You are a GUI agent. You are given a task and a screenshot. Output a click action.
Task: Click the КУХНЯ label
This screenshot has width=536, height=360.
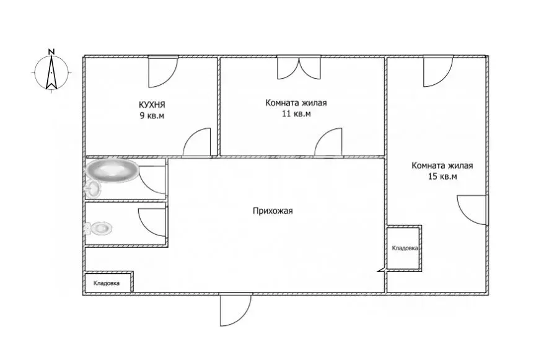tap(152, 104)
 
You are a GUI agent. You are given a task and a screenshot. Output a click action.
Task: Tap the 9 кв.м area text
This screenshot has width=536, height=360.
tap(152, 115)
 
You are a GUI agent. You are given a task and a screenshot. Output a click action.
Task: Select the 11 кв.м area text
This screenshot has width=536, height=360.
tap(296, 113)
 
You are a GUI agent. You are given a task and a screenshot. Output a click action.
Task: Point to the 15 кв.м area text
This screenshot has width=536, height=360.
tap(442, 177)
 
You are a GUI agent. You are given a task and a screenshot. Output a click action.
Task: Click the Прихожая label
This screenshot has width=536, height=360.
tap(273, 211)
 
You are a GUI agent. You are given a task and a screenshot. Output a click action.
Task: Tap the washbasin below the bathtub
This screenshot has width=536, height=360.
tap(93, 188)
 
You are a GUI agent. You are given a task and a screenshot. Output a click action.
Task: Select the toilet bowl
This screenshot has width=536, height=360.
tap(99, 228)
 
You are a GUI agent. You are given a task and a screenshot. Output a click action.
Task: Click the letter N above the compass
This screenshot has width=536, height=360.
tap(51, 52)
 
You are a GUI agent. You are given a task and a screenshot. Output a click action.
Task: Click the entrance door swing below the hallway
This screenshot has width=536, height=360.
tap(235, 309)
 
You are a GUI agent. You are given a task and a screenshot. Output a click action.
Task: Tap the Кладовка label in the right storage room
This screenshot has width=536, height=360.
tap(405, 248)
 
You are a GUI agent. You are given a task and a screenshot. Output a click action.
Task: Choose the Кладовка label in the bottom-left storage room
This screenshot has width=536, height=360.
tap(107, 283)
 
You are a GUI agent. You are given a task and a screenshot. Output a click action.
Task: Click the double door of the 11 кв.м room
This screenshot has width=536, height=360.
tap(299, 68)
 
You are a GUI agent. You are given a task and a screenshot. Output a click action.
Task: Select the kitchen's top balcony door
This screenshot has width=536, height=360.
tap(163, 71)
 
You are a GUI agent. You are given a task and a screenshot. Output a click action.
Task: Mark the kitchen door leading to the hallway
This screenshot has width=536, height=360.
tap(197, 143)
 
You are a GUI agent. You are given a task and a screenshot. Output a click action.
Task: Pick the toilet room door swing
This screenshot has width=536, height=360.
tap(152, 222)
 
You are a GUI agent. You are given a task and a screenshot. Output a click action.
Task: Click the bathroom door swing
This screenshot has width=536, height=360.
tap(153, 180)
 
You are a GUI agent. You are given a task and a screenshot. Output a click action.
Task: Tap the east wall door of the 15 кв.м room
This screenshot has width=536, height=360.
tap(472, 210)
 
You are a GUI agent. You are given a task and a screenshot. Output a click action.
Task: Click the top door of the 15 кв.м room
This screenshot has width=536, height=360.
tap(438, 71)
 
